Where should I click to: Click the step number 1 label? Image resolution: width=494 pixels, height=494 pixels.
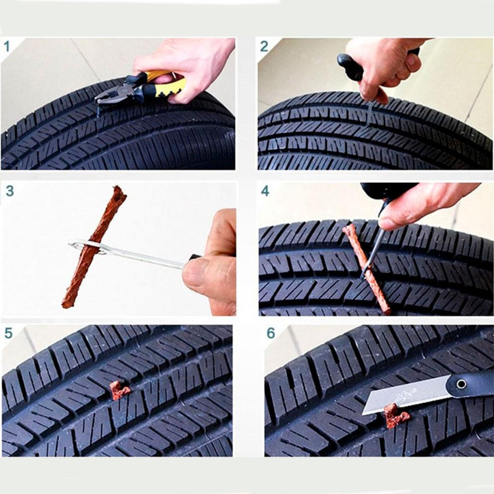[x=7, y=46]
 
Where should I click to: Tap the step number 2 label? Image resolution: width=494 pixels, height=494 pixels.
[x=264, y=46]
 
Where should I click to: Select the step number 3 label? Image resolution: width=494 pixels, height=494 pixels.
[x=10, y=191]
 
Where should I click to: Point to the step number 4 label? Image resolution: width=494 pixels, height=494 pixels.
[x=265, y=191]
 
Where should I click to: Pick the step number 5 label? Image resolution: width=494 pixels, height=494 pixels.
[x=9, y=333]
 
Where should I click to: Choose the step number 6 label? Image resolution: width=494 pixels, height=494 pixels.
[x=271, y=333]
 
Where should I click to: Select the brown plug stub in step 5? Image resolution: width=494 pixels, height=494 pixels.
[x=120, y=390]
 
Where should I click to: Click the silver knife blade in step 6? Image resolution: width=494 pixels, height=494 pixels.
[x=407, y=394]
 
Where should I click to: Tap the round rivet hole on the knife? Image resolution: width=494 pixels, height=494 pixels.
[x=461, y=384]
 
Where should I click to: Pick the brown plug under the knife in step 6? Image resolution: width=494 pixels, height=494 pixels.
[x=395, y=416]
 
